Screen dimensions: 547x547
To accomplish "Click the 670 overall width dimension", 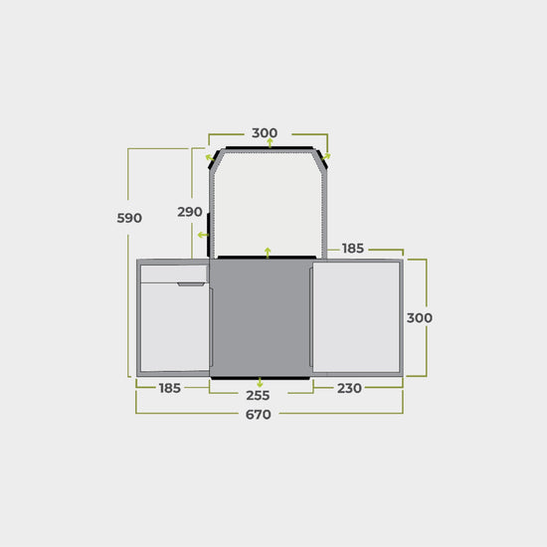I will pyautogui.click(x=258, y=415).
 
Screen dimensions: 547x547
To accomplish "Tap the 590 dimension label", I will pyautogui.click(x=129, y=218).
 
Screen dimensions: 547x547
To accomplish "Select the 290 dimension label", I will pyautogui.click(x=190, y=212).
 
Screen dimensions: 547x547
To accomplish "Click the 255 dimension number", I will pyautogui.click(x=258, y=395).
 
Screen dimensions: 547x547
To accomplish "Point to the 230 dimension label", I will pyautogui.click(x=348, y=388).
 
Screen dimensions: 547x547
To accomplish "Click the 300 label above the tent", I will pyautogui.click(x=265, y=133).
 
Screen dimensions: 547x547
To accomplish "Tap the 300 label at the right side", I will pyautogui.click(x=420, y=317).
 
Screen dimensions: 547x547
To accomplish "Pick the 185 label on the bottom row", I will pyautogui.click(x=169, y=388).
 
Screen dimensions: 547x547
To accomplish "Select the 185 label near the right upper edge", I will pyautogui.click(x=353, y=248).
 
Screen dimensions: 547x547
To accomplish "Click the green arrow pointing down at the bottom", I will pyautogui.click(x=260, y=382).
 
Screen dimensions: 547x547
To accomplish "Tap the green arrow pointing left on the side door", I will pyautogui.click(x=202, y=236).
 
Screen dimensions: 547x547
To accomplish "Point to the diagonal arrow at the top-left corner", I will pyautogui.click(x=209, y=156).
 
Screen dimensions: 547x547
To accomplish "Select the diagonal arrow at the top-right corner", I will pyautogui.click(x=328, y=156).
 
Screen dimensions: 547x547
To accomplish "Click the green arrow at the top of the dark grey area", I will pyautogui.click(x=267, y=252).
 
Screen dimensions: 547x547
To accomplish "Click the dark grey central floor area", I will pyautogui.click(x=261, y=318).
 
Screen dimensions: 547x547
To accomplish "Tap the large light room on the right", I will pyautogui.click(x=356, y=318).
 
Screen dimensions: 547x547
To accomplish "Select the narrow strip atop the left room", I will pyautogui.click(x=173, y=273).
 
